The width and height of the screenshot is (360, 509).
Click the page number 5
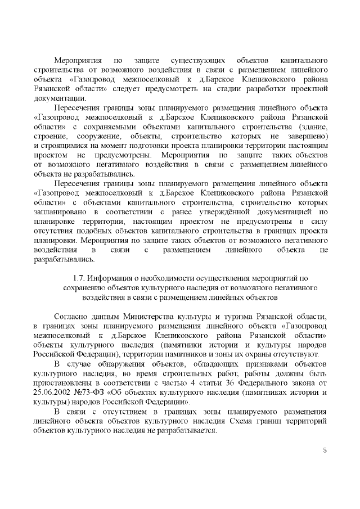(x=325, y=450)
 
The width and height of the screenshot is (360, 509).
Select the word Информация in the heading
(x=114, y=277)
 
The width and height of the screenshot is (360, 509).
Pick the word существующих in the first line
(x=201, y=60)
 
